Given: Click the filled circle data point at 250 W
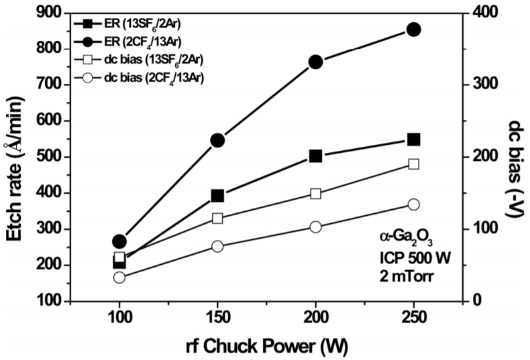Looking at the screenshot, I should pyautogui.click(x=414, y=29).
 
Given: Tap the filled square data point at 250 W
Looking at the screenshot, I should pyautogui.click(x=414, y=139).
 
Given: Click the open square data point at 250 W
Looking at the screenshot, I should pyautogui.click(x=414, y=164).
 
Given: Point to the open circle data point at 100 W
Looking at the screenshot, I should pyautogui.click(x=119, y=278).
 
